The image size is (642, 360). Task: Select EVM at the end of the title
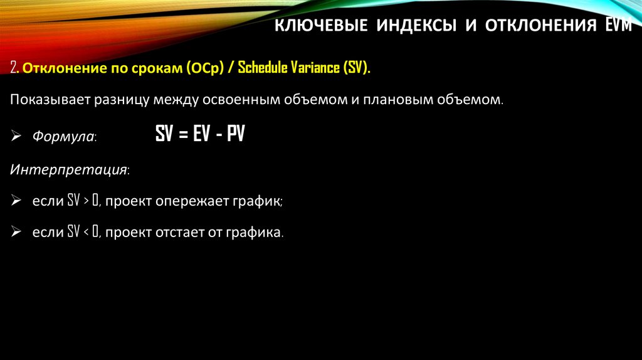click(x=618, y=27)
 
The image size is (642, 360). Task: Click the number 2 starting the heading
click(x=13, y=68)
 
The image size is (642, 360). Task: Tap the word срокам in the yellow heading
click(x=157, y=68)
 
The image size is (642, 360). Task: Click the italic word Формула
click(x=63, y=136)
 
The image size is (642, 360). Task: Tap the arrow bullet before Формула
click(x=16, y=136)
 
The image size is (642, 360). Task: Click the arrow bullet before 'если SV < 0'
click(x=16, y=233)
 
